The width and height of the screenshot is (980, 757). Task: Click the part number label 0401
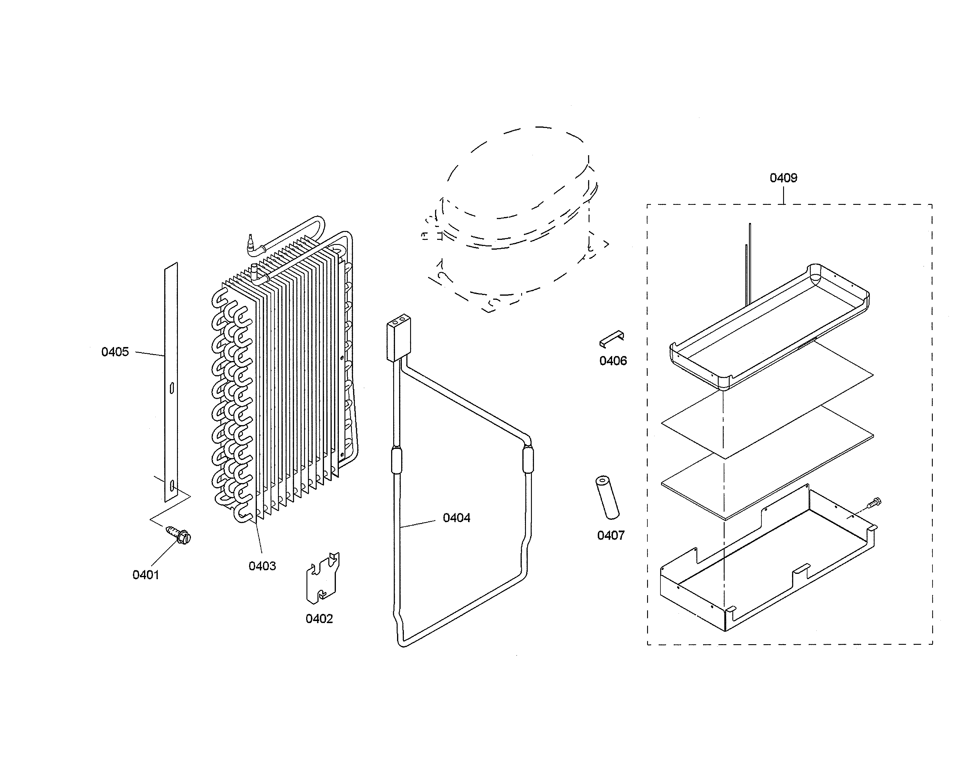(x=146, y=575)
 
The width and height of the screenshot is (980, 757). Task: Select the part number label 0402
(x=319, y=619)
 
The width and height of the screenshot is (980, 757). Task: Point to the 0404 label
(x=456, y=518)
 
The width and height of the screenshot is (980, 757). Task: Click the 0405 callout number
(x=115, y=352)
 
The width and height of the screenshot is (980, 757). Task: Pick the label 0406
(x=613, y=361)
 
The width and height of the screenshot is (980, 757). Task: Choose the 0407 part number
(x=611, y=536)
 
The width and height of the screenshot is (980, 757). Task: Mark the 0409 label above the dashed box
(x=783, y=178)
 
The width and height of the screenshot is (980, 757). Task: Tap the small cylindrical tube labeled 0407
(x=607, y=498)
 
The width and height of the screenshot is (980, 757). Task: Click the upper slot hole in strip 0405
(x=172, y=388)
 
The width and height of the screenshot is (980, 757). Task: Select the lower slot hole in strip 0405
(x=172, y=485)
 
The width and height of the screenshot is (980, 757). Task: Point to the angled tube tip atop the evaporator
(x=251, y=243)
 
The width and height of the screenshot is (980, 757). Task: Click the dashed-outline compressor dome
(x=516, y=179)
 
